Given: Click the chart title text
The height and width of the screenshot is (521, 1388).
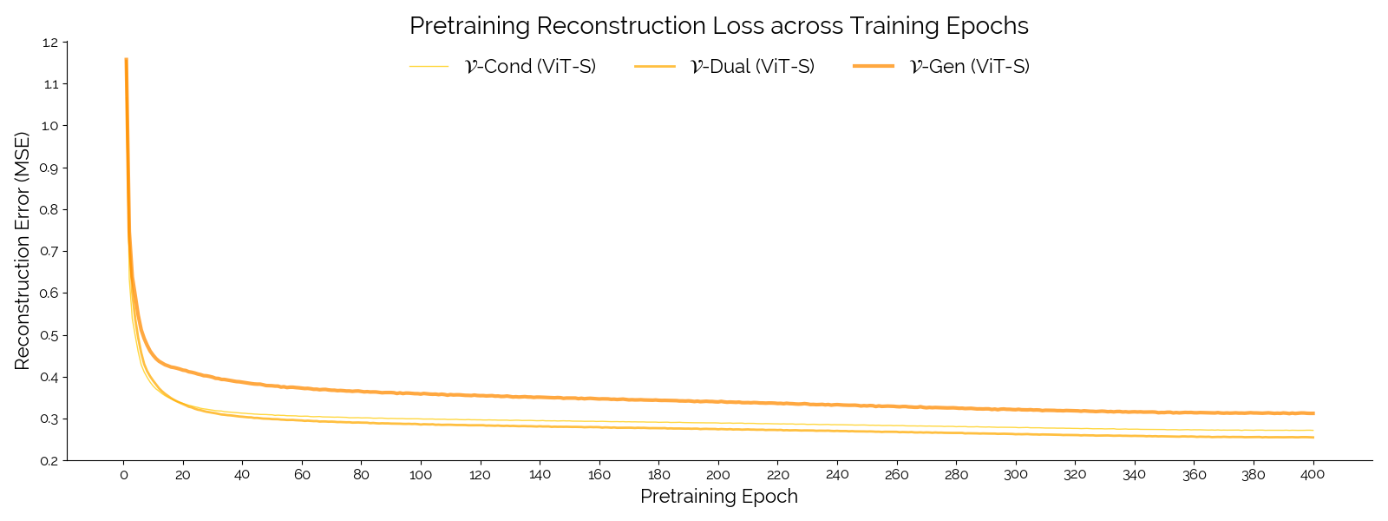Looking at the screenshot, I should coord(718,26).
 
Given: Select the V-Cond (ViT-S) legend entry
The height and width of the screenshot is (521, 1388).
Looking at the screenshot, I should coord(530,67).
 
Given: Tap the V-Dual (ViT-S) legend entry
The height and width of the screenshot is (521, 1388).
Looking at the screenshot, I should coord(751,67).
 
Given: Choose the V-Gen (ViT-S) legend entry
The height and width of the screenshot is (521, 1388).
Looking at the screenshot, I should coord(969,67).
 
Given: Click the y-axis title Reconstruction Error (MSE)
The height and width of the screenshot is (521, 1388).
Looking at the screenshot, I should coord(23,251).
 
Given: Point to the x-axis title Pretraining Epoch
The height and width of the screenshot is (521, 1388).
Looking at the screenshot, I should coord(718,497).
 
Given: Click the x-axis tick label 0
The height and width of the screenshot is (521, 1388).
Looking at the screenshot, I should coord(123,475).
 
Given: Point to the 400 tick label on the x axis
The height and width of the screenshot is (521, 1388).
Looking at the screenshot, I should coord(1313,475).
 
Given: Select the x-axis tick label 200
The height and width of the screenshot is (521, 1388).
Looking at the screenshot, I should coord(718,475).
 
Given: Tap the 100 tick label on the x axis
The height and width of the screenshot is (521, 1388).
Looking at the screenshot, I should coord(421,475).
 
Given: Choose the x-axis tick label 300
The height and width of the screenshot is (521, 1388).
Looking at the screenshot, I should coord(1015,475).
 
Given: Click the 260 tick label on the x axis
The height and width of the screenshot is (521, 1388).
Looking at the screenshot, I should coord(896,475).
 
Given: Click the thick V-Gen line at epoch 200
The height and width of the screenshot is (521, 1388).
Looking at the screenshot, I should coord(718,401).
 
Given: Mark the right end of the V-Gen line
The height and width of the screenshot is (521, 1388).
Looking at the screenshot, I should coord(1313,413).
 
